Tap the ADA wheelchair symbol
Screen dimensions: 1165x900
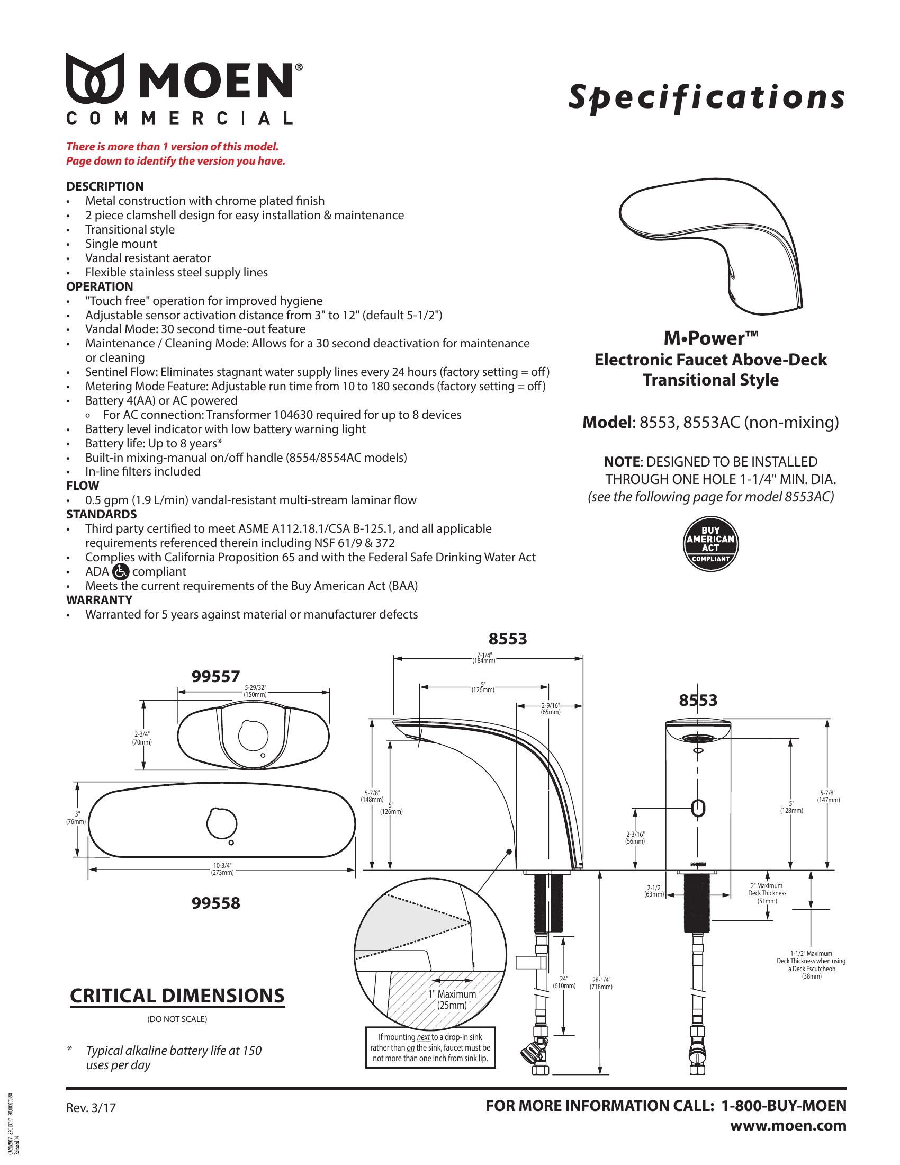[x=121, y=572]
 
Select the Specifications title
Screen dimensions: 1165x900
[x=706, y=97]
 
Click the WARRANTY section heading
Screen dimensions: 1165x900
[x=99, y=600]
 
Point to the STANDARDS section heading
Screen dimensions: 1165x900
[x=101, y=514]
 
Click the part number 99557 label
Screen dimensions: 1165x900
[x=215, y=677]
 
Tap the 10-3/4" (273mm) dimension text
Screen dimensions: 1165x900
[x=222, y=870]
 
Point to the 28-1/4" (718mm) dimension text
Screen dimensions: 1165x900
[x=601, y=982]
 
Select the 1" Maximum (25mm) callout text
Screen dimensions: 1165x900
[x=452, y=999]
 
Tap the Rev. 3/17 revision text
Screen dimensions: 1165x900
[x=91, y=1108]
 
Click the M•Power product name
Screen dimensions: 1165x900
[x=710, y=338]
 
